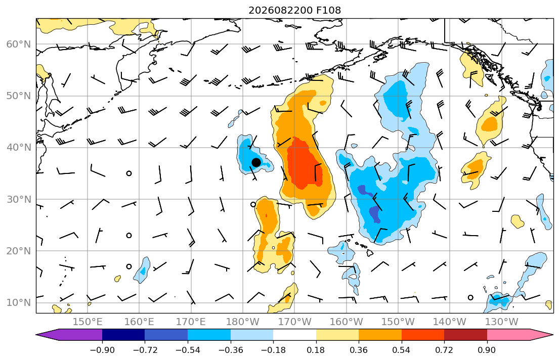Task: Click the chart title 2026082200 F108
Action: click(x=294, y=10)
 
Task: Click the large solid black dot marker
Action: click(x=256, y=162)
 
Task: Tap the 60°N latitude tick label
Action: click(x=19, y=44)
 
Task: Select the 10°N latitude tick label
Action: click(x=19, y=303)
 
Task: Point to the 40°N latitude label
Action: click(x=19, y=148)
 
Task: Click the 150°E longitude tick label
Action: click(x=88, y=322)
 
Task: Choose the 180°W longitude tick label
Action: click(x=243, y=322)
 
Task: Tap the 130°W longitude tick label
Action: click(x=502, y=322)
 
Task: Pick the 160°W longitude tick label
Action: click(x=346, y=322)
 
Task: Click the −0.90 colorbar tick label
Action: click(x=102, y=350)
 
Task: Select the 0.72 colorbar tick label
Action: click(x=444, y=350)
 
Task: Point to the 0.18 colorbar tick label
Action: click(x=316, y=350)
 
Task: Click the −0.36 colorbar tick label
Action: click(x=230, y=350)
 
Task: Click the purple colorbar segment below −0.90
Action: click(x=72, y=335)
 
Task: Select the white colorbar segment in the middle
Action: click(x=294, y=335)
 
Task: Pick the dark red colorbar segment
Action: click(x=465, y=335)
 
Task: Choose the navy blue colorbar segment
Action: click(x=123, y=335)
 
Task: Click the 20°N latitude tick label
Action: click(x=19, y=251)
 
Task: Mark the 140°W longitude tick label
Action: click(x=450, y=322)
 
